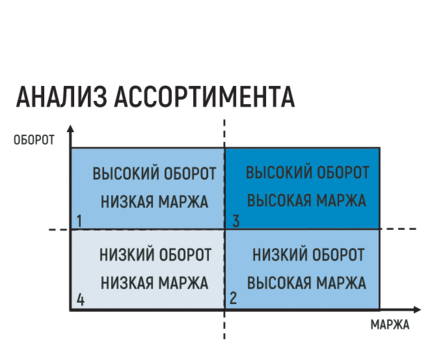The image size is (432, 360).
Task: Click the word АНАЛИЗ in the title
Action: coord(62,97)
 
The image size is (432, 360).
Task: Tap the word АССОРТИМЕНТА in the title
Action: coord(205,97)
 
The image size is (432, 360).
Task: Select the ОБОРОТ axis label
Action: coord(34,140)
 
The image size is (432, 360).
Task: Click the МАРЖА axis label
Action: coord(390,324)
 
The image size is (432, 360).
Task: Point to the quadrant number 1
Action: coord(79,221)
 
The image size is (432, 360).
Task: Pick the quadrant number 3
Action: coord(236,221)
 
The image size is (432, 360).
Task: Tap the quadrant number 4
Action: coord(80,300)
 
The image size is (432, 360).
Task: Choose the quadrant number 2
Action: coord(233,298)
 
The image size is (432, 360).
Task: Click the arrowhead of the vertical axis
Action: coord(70,129)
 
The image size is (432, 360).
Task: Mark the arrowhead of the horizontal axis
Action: coord(417,310)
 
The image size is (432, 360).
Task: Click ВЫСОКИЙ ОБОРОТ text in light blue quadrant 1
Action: coord(154,174)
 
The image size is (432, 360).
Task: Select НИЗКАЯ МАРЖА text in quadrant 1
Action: coord(154,202)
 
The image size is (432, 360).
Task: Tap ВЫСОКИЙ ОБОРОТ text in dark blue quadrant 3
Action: coord(307,173)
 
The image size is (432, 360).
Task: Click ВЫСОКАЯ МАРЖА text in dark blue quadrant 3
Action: coord(306,201)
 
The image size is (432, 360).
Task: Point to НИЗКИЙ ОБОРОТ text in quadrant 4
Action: coord(155,255)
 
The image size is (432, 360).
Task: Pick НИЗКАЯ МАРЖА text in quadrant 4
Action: coord(154,283)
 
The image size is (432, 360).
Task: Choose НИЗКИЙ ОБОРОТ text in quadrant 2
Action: coord(308,255)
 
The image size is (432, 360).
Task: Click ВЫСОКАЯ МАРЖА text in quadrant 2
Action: coord(306,283)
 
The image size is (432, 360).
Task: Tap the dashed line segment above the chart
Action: coord(224,133)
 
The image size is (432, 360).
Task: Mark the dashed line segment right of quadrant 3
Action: coord(398,229)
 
